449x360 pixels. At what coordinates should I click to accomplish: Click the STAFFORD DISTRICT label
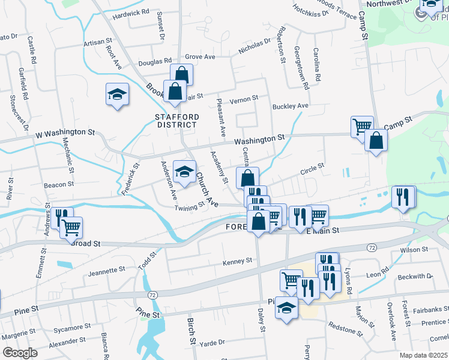(x=176, y=121)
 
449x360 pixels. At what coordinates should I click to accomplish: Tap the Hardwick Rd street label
(x=130, y=12)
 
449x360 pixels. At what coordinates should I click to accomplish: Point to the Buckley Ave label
(x=290, y=106)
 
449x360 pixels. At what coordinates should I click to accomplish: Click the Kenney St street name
(x=237, y=262)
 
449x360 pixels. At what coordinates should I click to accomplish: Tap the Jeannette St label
(x=106, y=271)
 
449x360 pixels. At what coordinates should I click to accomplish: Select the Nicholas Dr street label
(x=255, y=46)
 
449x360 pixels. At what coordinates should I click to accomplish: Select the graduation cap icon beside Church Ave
(x=185, y=172)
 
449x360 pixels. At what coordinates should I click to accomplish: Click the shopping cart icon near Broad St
(x=71, y=227)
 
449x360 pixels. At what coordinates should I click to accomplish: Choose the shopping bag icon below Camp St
(x=376, y=141)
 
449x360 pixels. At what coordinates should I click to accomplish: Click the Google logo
(x=20, y=353)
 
